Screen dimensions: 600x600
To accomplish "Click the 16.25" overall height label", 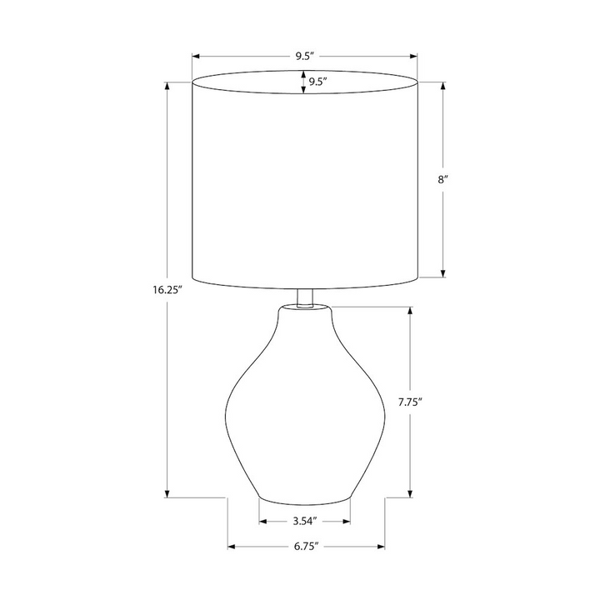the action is (167, 290).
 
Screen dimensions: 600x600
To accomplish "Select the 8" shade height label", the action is (443, 179).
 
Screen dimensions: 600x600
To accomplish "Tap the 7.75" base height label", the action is (410, 402).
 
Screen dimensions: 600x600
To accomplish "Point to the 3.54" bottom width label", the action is (305, 521).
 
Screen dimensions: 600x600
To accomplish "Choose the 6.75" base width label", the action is (306, 547).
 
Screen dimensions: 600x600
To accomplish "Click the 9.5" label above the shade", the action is (304, 57).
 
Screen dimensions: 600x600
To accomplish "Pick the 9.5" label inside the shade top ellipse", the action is (317, 82).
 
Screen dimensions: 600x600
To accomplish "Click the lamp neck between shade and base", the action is (305, 297).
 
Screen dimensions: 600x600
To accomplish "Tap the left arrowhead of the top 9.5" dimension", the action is (196, 57).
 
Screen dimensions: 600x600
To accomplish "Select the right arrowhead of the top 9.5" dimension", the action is (413, 57).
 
